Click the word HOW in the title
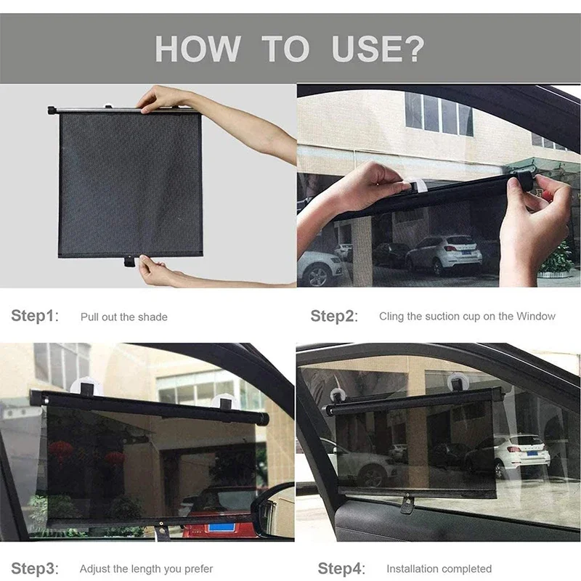(196, 48)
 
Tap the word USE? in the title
(378, 48)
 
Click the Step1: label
(34, 316)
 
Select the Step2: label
(333, 316)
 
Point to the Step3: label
(34, 569)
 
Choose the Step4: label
(341, 569)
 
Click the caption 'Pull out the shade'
(123, 317)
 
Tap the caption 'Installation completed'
(439, 569)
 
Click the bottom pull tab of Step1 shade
(129, 260)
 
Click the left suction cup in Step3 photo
(88, 389)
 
